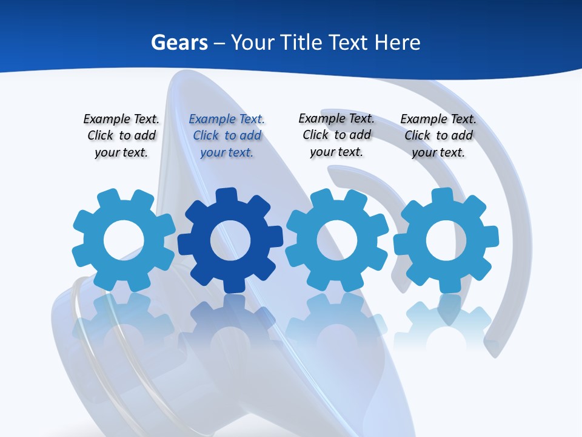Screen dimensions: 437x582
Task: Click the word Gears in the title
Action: pos(179,42)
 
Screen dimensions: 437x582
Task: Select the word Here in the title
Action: pos(397,42)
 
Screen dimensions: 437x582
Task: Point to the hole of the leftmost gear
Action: pos(124,241)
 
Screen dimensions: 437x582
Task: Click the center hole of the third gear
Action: pos(337,240)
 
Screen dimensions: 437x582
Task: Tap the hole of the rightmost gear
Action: pos(446,241)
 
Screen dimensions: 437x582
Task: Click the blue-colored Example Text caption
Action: pos(227,136)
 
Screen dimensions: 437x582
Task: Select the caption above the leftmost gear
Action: pos(121,136)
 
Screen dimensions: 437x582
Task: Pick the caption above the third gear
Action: pos(336,135)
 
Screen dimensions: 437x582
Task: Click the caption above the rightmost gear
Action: pos(438,136)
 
